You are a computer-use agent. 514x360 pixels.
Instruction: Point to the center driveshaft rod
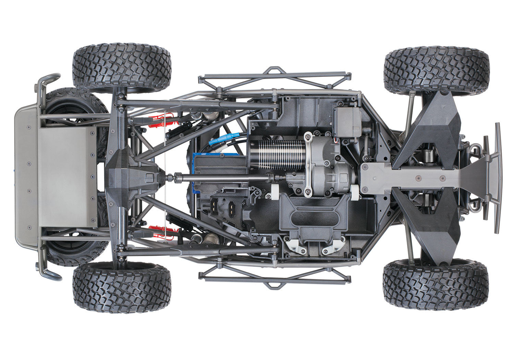[x=223, y=178]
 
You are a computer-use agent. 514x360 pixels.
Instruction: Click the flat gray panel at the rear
[x=67, y=177]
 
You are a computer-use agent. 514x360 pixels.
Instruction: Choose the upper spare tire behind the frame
[x=75, y=103]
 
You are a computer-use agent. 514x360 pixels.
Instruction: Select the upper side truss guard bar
[x=274, y=77]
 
